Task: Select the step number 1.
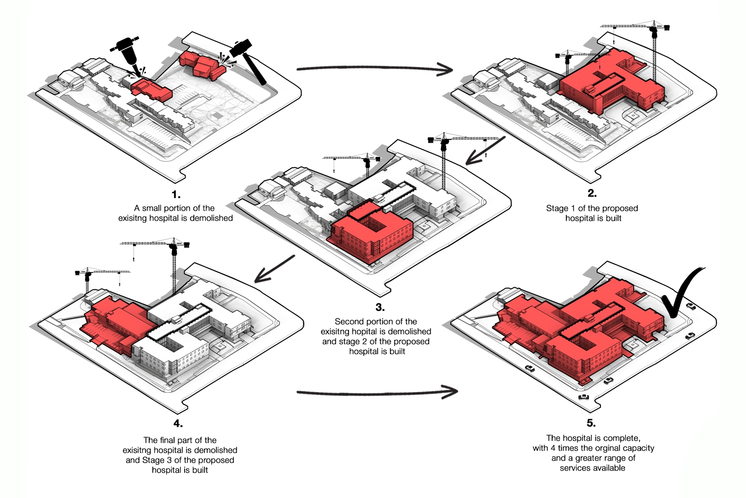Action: (x=176, y=194)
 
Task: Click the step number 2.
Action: (x=592, y=193)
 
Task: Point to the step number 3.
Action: (x=380, y=307)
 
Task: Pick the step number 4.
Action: (x=178, y=423)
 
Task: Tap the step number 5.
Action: (x=591, y=423)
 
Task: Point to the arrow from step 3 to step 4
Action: (x=274, y=269)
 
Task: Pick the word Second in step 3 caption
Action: (x=349, y=321)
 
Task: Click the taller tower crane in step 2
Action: (x=654, y=51)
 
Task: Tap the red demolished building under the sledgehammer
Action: (x=201, y=65)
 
